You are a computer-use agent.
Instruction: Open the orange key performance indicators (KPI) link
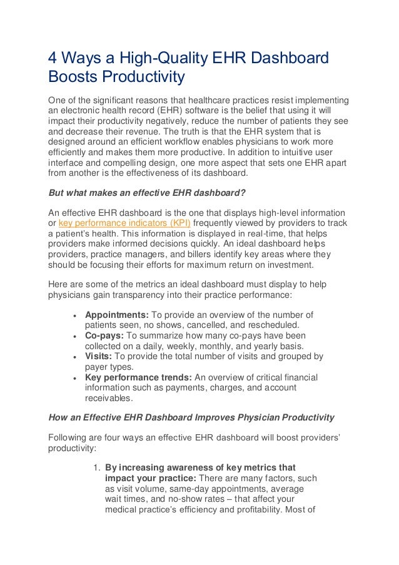click(124, 223)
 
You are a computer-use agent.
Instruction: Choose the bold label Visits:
click(99, 357)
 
